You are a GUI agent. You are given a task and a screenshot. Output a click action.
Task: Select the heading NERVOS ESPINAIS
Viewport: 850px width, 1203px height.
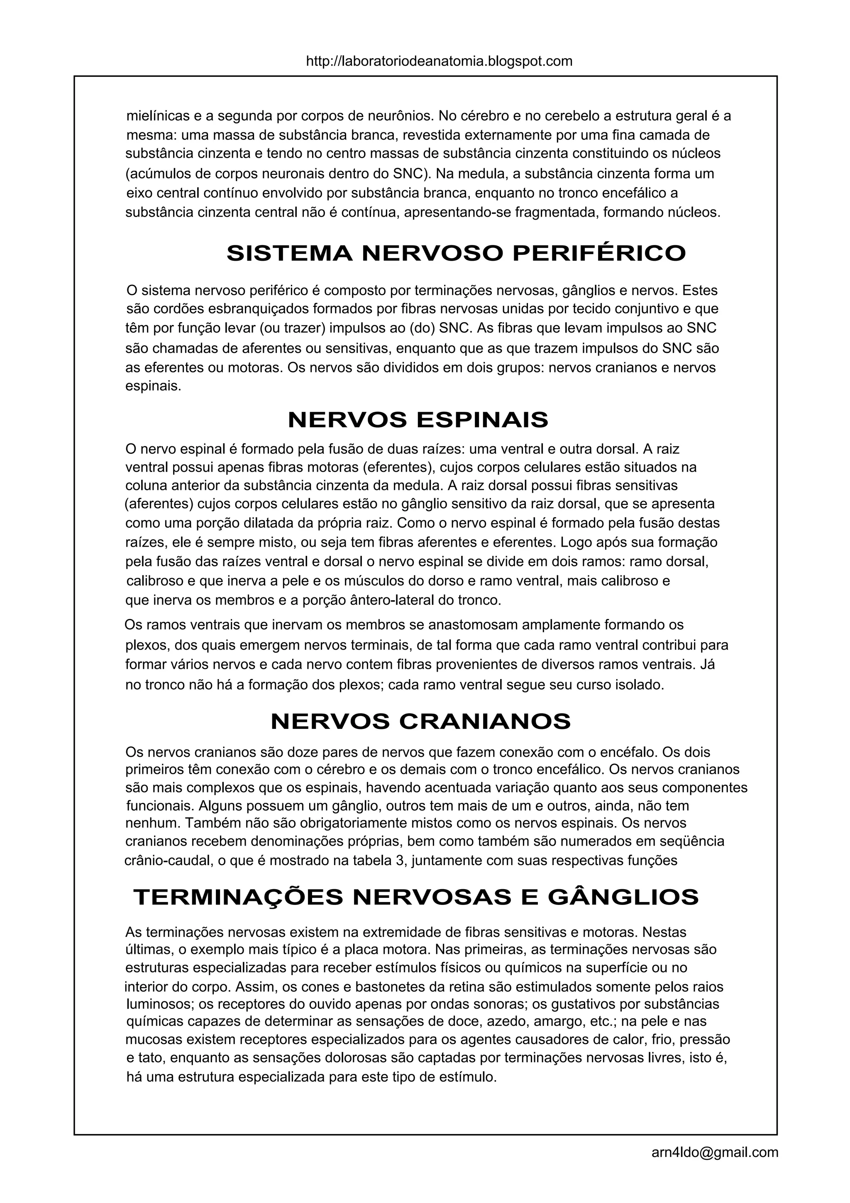418,420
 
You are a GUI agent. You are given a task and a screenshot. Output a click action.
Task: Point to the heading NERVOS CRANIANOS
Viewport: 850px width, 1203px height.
420,721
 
